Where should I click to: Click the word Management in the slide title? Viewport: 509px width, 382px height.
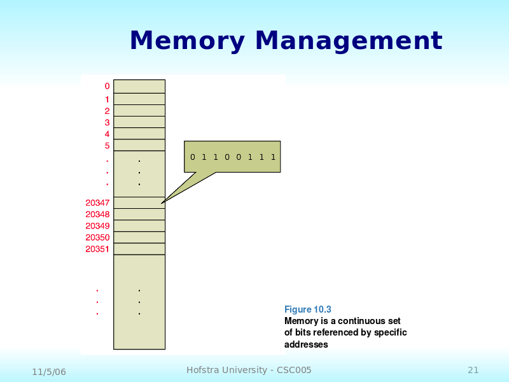(x=349, y=41)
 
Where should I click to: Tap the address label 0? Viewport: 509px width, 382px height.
(x=107, y=86)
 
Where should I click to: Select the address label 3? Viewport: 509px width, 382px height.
(x=107, y=122)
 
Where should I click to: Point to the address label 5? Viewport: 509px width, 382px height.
(x=107, y=146)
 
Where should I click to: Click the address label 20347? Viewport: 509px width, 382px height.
(x=97, y=202)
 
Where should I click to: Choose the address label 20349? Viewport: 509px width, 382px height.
(x=97, y=226)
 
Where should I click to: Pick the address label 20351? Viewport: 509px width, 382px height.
(x=97, y=249)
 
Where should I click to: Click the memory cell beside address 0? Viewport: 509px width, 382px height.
(x=139, y=86)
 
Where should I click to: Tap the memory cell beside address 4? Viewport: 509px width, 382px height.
(x=139, y=134)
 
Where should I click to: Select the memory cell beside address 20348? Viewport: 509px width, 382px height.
(x=139, y=215)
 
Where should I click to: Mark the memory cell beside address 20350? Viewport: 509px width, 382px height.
(x=139, y=237)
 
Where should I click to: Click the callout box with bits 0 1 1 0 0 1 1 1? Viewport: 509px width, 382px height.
(x=232, y=157)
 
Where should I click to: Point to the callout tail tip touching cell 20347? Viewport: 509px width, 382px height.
(x=162, y=203)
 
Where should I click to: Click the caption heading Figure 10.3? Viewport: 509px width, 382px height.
(x=307, y=309)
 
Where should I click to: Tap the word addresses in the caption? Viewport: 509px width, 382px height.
(x=306, y=344)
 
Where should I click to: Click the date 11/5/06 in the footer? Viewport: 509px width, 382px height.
(x=49, y=371)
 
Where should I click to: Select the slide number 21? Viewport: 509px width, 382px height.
(x=473, y=370)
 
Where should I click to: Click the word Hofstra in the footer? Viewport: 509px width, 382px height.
(x=204, y=370)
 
